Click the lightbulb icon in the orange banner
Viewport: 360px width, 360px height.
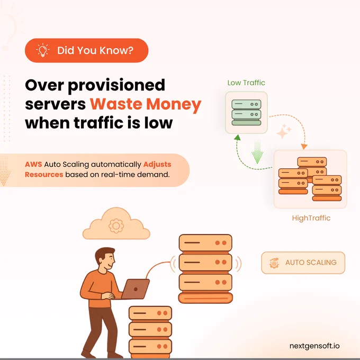click(x=43, y=50)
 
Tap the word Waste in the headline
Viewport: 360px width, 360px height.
click(x=116, y=104)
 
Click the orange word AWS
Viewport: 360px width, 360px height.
click(x=33, y=165)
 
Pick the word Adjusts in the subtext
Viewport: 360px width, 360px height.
click(x=157, y=165)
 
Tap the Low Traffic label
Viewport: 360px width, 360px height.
click(x=246, y=83)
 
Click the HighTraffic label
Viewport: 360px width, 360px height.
click(x=311, y=218)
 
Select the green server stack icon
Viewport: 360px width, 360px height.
click(x=246, y=112)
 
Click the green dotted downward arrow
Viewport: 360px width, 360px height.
click(x=257, y=151)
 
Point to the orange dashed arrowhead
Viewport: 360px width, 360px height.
click(x=304, y=147)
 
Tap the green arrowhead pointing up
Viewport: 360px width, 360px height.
click(x=237, y=137)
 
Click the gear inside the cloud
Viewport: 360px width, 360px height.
click(x=116, y=226)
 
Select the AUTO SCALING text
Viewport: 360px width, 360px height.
click(x=311, y=263)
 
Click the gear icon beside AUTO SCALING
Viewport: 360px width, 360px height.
click(x=274, y=263)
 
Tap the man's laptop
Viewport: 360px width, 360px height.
click(x=135, y=289)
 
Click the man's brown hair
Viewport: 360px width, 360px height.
click(x=104, y=254)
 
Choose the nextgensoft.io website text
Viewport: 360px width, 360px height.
click(x=314, y=346)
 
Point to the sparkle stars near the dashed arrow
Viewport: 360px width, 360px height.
click(x=284, y=131)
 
